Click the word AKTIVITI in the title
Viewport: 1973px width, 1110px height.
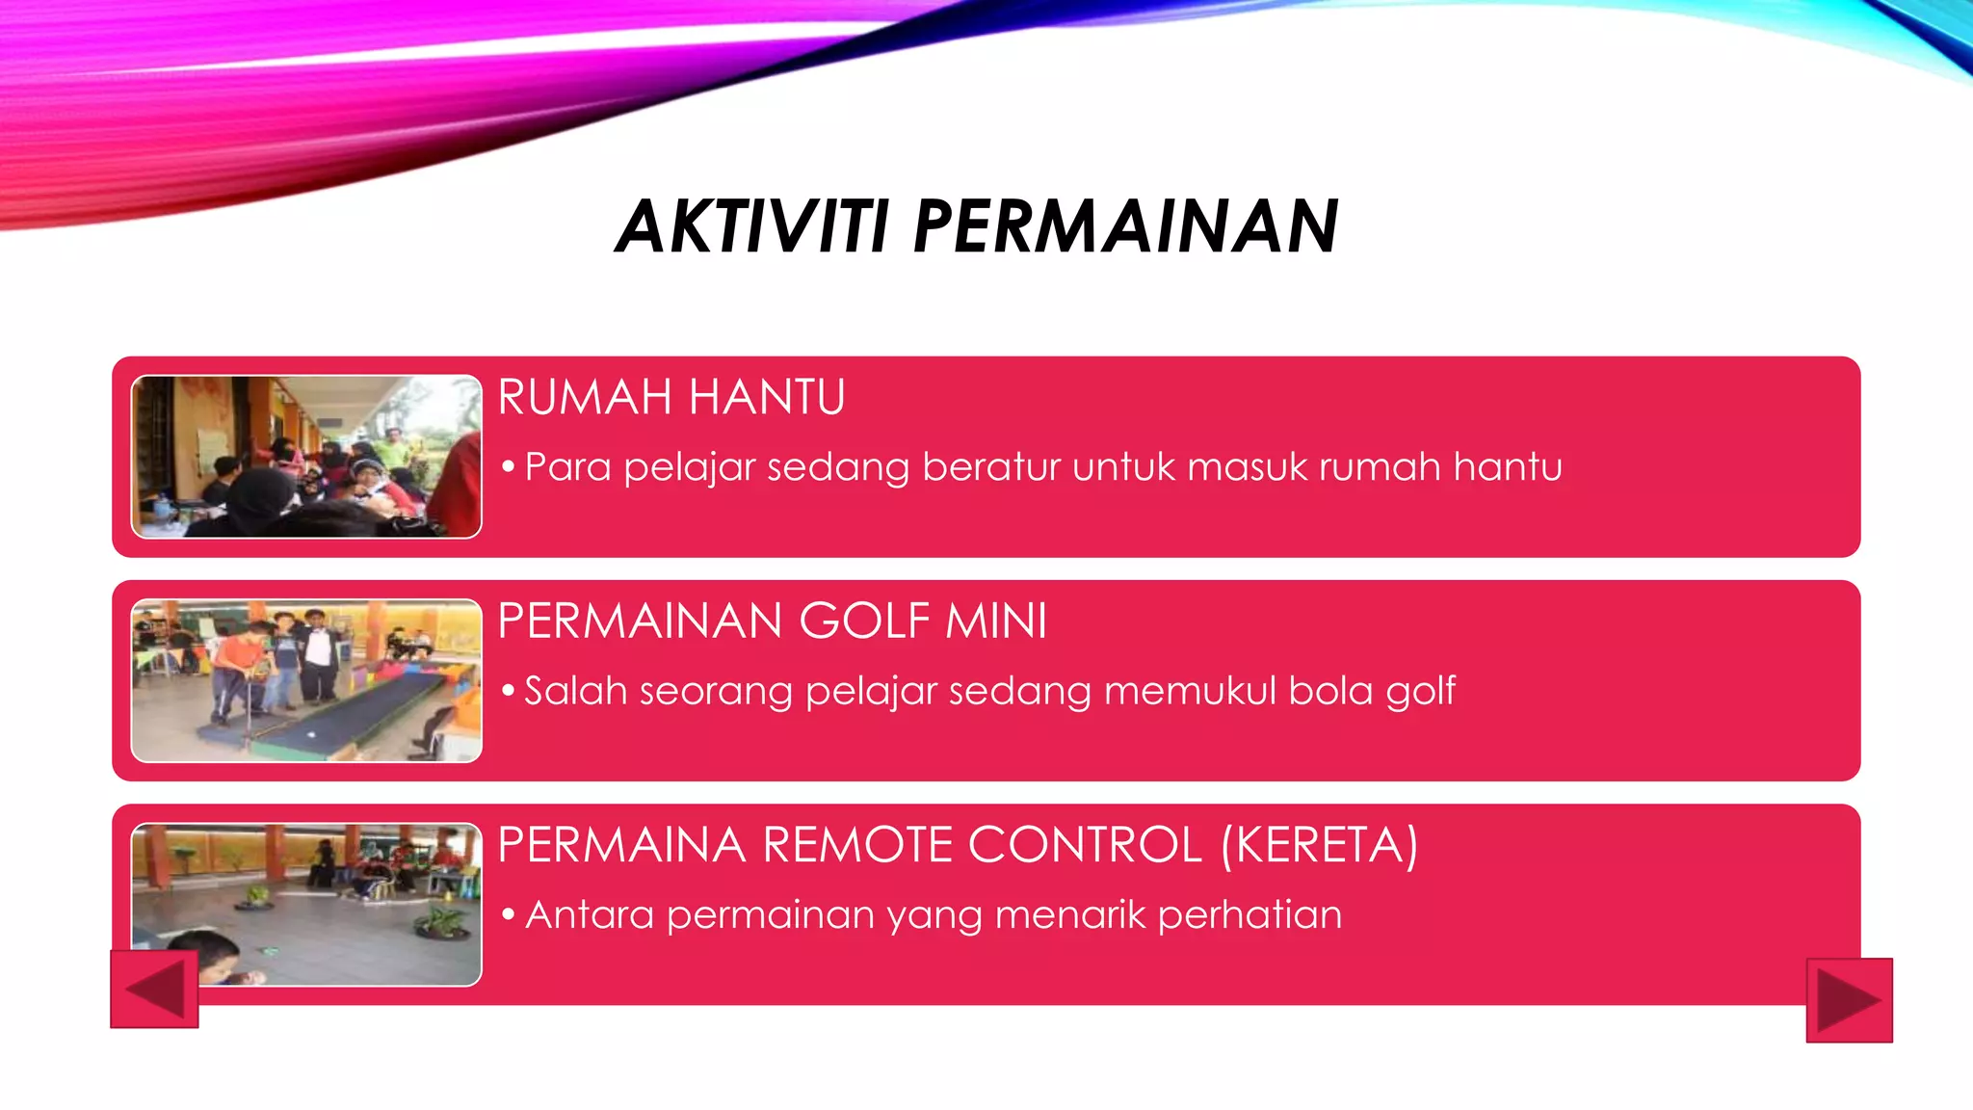point(751,227)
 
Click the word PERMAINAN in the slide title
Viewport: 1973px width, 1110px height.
point(1125,227)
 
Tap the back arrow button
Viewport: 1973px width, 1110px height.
point(154,990)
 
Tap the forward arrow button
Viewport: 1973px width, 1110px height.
point(1849,1000)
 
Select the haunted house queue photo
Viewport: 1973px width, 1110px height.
point(306,457)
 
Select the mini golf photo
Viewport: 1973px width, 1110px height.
point(306,680)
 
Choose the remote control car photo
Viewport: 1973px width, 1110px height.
point(306,904)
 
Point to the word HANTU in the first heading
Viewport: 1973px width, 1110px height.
point(767,397)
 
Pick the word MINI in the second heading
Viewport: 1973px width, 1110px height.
point(996,621)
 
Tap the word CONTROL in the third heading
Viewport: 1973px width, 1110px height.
point(1085,845)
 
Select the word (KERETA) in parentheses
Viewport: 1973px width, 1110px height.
point(1319,845)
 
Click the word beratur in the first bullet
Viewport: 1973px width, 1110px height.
point(991,467)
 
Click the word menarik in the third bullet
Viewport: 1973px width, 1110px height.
point(1069,914)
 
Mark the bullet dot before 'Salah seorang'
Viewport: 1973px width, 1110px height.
point(509,690)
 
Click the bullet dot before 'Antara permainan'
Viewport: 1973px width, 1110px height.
point(509,913)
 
